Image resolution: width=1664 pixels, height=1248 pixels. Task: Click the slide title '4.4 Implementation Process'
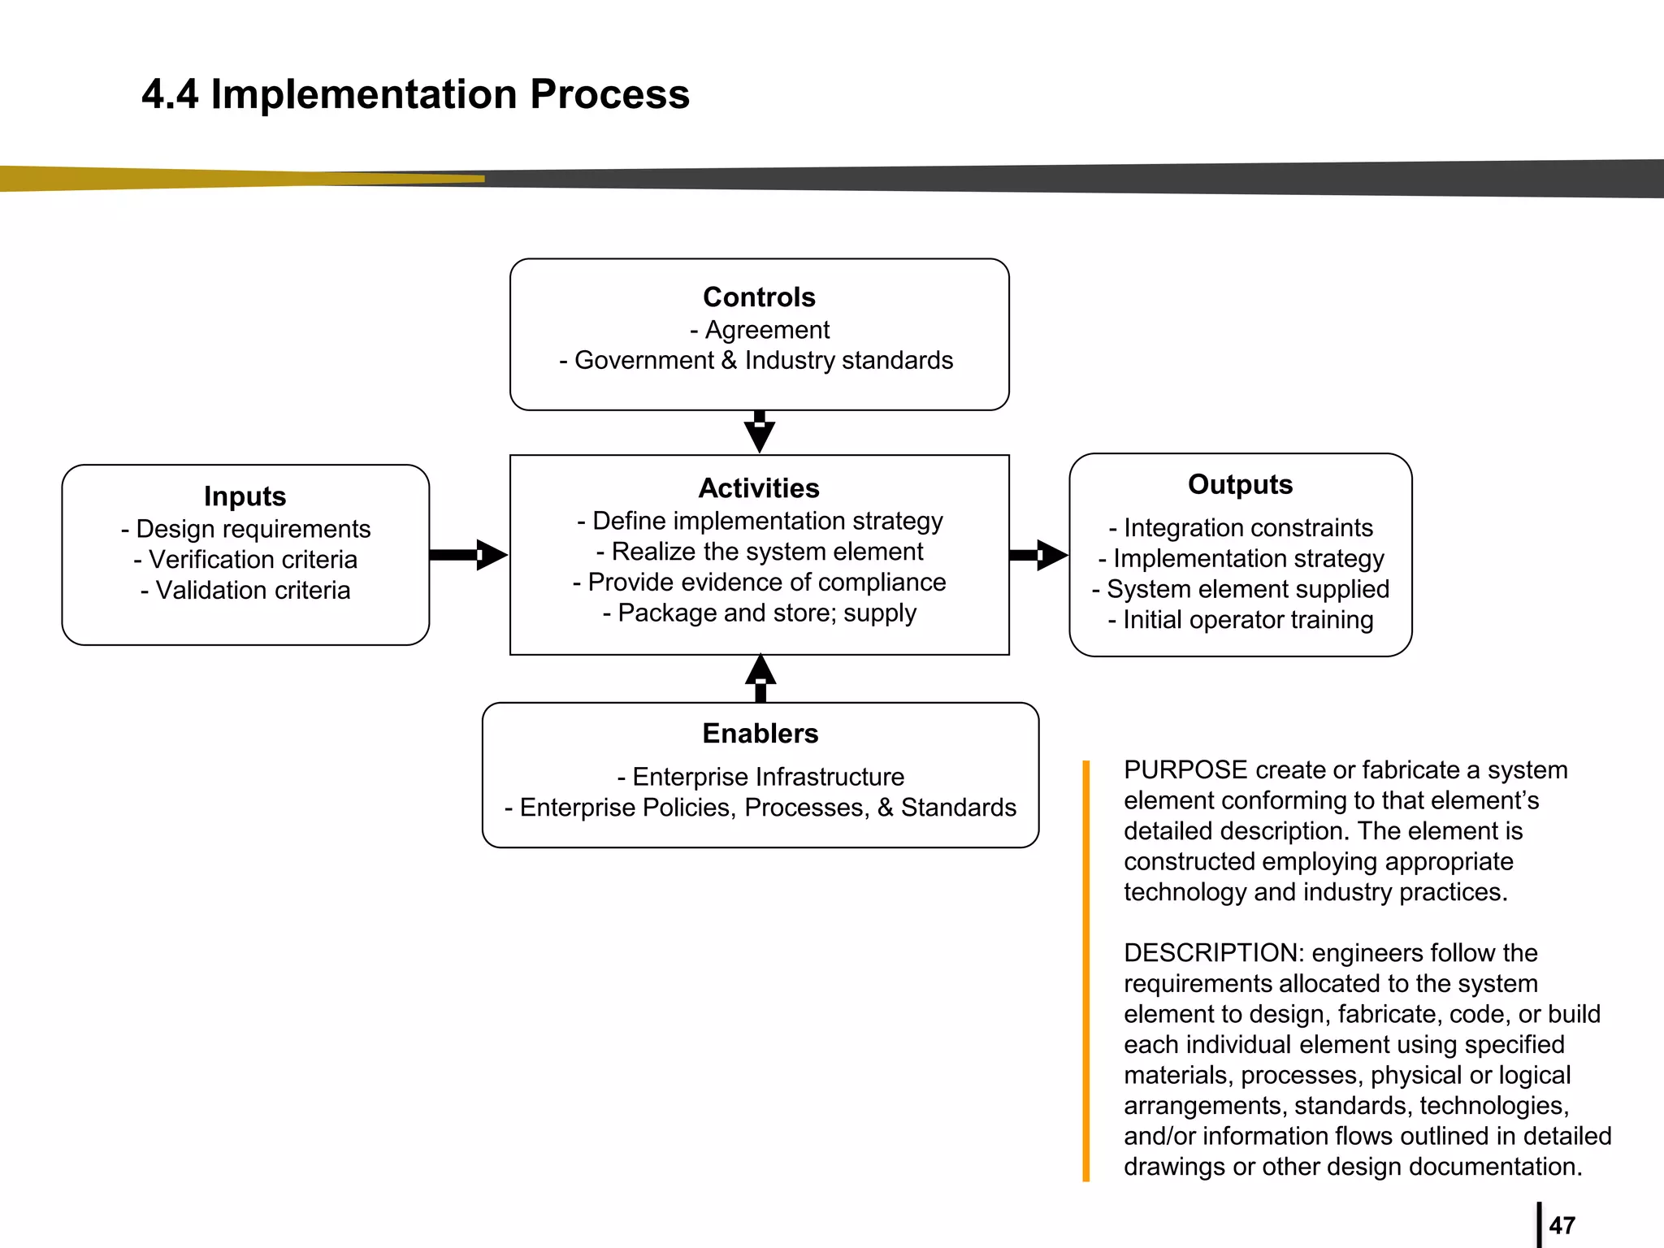tap(415, 94)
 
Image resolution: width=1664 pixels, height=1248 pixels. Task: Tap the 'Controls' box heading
tap(759, 297)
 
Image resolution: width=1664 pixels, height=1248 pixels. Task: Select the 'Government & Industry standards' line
tap(756, 361)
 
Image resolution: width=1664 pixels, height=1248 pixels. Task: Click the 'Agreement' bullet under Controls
tap(760, 330)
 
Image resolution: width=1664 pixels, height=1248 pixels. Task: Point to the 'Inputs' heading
tap(245, 496)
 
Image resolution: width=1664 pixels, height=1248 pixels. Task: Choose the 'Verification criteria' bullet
tap(245, 560)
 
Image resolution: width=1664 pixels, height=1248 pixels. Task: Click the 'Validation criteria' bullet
tap(245, 591)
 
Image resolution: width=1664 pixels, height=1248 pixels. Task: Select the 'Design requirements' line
tap(245, 529)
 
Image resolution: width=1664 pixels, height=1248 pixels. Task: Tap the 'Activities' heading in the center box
tap(759, 488)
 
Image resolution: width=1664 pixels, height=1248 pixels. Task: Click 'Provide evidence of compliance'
tap(759, 583)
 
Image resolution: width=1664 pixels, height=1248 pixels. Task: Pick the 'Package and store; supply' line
tap(759, 613)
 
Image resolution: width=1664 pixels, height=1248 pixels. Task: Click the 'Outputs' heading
tap(1240, 484)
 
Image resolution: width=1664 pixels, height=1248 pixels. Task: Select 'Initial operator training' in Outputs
tap(1240, 620)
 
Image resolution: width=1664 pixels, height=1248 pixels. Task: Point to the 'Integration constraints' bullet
tap(1240, 528)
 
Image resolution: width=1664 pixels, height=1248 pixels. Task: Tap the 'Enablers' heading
tap(760, 734)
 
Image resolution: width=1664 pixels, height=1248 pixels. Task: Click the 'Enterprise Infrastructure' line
tap(760, 778)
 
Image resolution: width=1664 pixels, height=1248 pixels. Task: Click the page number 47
tap(1562, 1225)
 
